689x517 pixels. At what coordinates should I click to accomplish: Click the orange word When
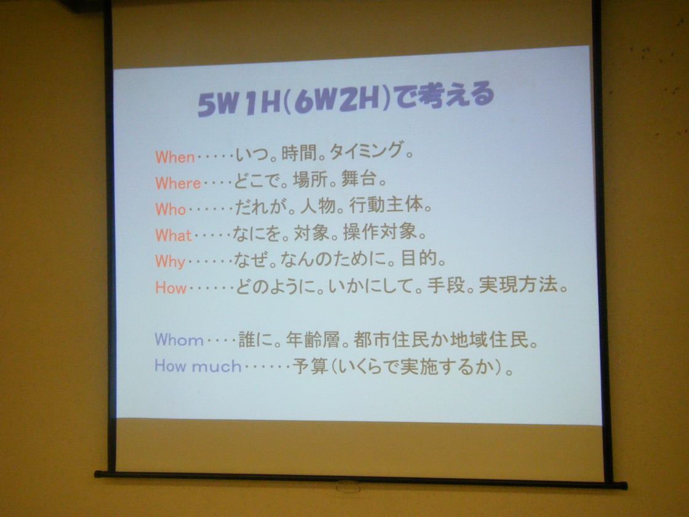tap(175, 157)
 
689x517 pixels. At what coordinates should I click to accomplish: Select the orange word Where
tap(178, 183)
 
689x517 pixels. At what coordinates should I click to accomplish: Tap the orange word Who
tap(170, 209)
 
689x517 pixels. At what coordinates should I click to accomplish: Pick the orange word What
tap(173, 235)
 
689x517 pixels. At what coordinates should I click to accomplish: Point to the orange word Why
tap(170, 261)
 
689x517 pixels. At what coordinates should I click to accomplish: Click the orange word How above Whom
tap(171, 288)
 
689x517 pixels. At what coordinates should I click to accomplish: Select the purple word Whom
tap(179, 340)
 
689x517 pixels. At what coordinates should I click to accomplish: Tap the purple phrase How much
tap(197, 366)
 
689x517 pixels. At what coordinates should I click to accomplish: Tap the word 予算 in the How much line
tap(310, 366)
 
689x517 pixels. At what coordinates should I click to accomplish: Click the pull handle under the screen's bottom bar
tap(348, 486)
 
